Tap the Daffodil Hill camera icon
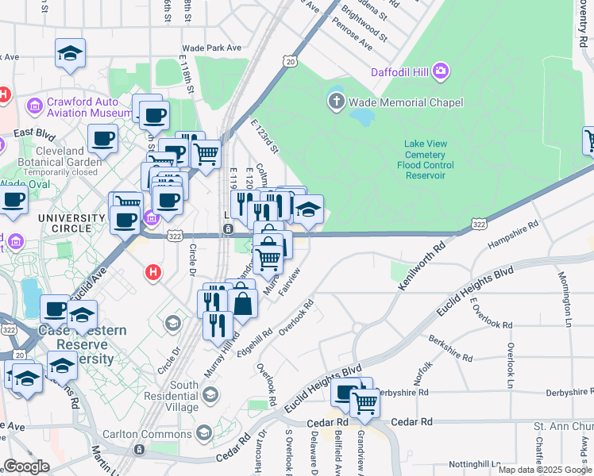click(439, 72)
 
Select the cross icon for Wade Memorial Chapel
click(336, 102)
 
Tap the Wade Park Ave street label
click(211, 48)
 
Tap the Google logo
click(27, 466)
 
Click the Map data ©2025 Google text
click(544, 470)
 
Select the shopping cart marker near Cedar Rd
click(364, 402)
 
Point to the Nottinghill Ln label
click(479, 463)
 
